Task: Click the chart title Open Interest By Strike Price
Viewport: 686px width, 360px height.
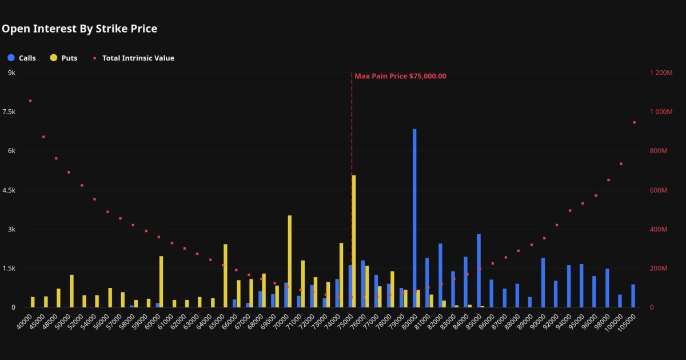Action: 79,29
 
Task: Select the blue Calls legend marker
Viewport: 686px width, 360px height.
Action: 11,58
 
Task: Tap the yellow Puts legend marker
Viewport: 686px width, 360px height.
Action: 54,58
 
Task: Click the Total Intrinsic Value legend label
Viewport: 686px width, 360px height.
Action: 138,58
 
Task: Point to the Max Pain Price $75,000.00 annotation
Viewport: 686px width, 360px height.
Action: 400,76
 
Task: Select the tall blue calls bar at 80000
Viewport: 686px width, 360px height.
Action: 414,218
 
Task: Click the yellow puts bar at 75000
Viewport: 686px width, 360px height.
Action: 354,241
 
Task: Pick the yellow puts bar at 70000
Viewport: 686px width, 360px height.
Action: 290,261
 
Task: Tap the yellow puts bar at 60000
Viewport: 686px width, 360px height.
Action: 161,282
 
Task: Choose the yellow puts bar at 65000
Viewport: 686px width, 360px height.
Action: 225,275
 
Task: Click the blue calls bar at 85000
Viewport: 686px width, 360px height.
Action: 478,270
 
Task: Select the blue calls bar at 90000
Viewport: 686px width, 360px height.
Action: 543,282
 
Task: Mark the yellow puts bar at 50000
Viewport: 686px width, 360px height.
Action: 71,291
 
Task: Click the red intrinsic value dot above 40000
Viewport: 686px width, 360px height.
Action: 30,101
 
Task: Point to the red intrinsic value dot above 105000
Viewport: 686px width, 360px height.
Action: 634,122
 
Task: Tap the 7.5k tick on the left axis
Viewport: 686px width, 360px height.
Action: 9,112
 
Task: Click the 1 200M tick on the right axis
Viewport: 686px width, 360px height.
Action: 661,73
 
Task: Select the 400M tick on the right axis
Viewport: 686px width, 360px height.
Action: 659,229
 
